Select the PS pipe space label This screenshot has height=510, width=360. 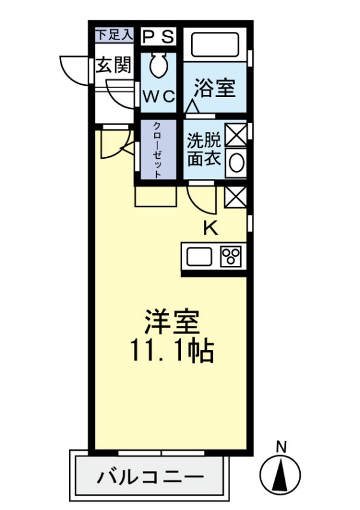click(157, 36)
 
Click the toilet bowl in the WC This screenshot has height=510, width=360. click(158, 66)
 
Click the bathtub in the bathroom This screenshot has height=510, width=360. click(215, 45)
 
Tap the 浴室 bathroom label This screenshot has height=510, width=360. click(214, 89)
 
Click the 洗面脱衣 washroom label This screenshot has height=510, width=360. click(203, 150)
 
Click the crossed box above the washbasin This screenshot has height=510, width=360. click(235, 135)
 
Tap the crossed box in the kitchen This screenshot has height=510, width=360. click(235, 198)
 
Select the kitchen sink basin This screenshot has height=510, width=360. click(199, 258)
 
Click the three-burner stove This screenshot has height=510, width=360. click(231, 258)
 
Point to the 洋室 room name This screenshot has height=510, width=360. click(171, 322)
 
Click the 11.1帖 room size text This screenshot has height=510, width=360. click(171, 350)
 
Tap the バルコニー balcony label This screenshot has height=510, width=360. click(150, 477)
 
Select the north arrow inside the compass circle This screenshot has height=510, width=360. click(280, 475)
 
